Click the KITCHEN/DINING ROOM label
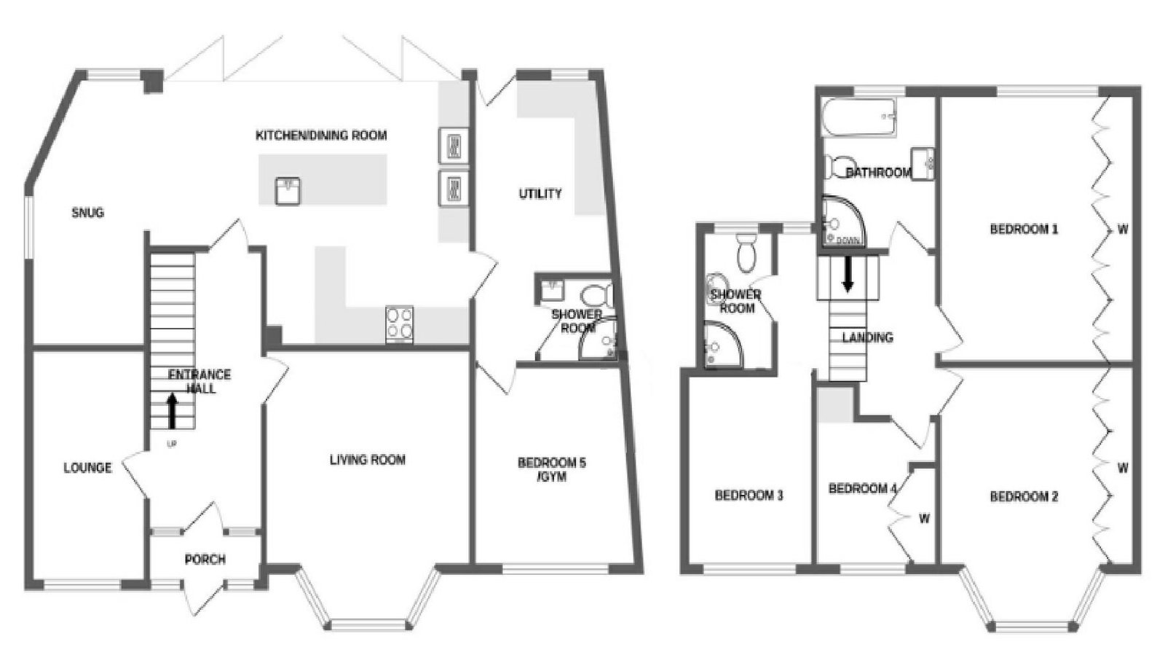pos(321,136)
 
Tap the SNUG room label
pos(88,212)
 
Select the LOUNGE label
pos(87,468)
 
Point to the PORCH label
pos(205,560)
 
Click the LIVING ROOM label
pos(368,460)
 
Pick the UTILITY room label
pos(540,194)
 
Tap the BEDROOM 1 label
pos(1024,229)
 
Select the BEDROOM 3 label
pos(749,495)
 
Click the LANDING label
pos(867,337)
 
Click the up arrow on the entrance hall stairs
pos(172,411)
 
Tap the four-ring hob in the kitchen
pos(400,324)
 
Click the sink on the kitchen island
pos(288,191)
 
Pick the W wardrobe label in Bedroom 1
pos(1123,229)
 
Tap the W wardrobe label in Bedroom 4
pos(924,519)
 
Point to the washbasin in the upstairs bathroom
pos(922,163)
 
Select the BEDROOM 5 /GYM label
pos(551,469)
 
